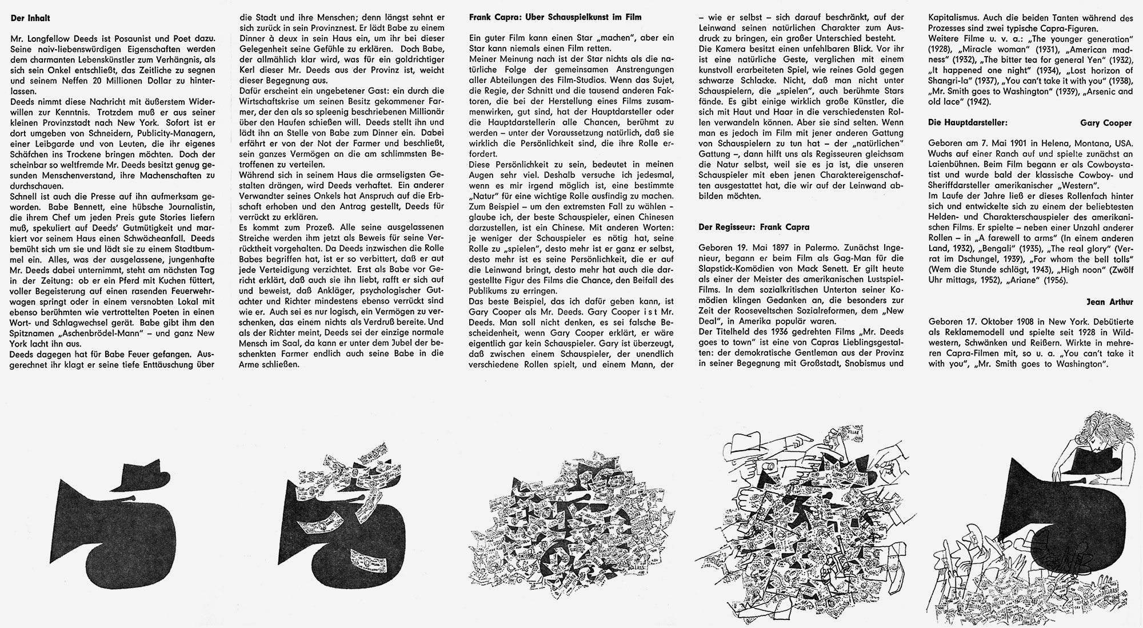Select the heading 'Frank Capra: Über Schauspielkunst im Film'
pos(555,17)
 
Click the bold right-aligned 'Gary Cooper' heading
pos(1104,122)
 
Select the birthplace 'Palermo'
pos(820,248)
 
